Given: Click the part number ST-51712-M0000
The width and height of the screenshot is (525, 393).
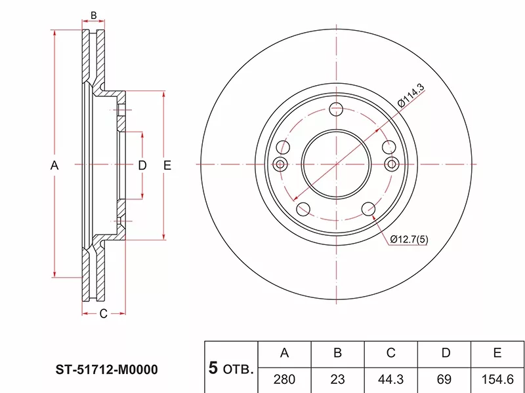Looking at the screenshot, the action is click(x=106, y=369).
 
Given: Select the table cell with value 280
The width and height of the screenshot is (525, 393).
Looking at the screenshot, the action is click(x=284, y=380).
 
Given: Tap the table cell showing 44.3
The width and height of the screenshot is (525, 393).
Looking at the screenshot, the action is click(x=390, y=380).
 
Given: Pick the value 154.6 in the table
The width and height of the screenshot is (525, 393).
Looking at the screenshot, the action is click(x=497, y=380).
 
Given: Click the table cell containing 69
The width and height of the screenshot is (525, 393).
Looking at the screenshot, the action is click(x=444, y=380).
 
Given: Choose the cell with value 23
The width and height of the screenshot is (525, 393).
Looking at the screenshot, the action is click(x=337, y=380).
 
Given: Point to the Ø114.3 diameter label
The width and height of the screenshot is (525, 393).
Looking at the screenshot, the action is click(x=411, y=95).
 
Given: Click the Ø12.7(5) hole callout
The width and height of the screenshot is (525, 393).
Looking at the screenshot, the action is click(x=409, y=239).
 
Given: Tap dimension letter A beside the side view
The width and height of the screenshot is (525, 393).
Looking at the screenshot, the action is click(x=54, y=165).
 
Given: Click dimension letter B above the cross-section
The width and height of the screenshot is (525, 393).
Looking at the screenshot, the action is click(x=94, y=15).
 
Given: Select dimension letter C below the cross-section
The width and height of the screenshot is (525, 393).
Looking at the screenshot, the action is click(x=104, y=314).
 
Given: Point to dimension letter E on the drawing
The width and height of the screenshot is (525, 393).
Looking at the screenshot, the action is click(x=167, y=165).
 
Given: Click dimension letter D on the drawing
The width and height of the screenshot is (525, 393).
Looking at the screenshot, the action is click(x=142, y=165).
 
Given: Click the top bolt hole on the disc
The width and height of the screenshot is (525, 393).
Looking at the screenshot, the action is click(x=336, y=109).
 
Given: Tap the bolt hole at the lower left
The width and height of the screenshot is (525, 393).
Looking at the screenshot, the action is click(x=303, y=209).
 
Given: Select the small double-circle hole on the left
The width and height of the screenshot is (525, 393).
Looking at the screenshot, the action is click(x=281, y=164).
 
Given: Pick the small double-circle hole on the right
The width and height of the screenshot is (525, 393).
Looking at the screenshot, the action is click(x=391, y=164).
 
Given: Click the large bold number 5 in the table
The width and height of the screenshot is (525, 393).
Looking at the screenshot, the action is click(x=213, y=368).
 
